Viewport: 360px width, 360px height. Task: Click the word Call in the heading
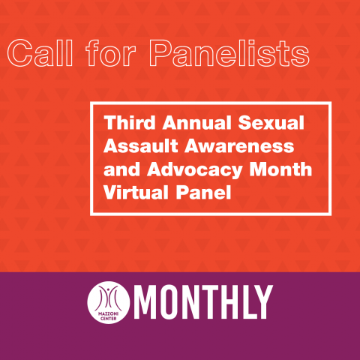point(40,53)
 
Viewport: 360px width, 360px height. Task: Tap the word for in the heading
point(110,53)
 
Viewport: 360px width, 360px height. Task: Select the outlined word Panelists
point(229,53)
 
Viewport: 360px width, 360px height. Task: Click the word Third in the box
point(130,122)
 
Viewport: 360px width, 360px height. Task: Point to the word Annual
point(197,122)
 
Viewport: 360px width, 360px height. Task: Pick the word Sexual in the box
point(271,122)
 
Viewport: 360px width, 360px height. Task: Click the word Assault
point(141,145)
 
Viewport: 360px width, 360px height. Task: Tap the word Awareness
point(239,145)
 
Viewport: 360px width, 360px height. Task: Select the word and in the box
point(121,169)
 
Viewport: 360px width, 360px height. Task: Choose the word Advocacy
point(194,170)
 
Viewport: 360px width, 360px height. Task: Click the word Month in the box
point(280,169)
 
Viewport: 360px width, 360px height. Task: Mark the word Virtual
point(136,193)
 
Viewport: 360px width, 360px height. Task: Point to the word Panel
point(203,193)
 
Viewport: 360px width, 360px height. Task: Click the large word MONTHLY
point(203,302)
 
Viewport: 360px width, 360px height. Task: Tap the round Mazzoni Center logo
point(109,302)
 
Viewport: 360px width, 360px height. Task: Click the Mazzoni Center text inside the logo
point(109,316)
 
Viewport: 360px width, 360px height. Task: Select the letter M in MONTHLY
point(146,302)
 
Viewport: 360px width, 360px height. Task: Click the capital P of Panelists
point(161,53)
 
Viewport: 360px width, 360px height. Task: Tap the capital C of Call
point(20,53)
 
